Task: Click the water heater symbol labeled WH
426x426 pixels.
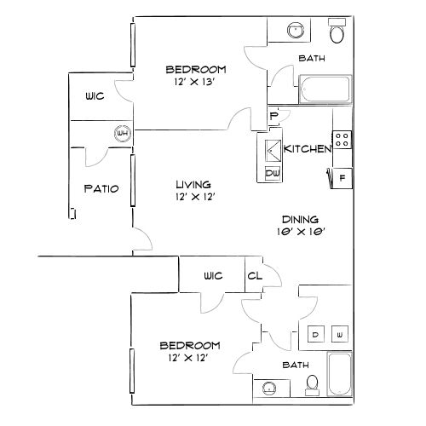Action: coord(123,133)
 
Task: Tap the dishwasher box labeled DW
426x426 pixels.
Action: coord(273,173)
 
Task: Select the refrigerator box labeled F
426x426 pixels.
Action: coord(342,178)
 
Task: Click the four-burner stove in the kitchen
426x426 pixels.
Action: coord(342,140)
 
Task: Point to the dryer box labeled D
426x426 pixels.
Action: coord(316,334)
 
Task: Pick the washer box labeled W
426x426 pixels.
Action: coord(340,334)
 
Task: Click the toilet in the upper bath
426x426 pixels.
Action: coord(337,31)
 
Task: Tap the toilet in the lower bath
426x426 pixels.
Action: coord(313,385)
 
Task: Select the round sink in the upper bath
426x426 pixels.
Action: coord(296,30)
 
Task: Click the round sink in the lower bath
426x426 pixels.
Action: coord(269,389)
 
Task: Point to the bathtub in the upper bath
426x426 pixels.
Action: coord(325,89)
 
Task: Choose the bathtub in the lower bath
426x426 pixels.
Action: coord(340,374)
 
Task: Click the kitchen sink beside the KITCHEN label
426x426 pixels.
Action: coord(273,151)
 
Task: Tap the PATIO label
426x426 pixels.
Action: coord(101,188)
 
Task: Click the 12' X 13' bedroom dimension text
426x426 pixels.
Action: coord(194,82)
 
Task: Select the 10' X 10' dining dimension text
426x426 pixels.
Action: coord(301,232)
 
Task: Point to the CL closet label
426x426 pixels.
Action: coord(255,276)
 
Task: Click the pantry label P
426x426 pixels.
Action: coord(273,116)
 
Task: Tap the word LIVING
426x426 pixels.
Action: coord(193,185)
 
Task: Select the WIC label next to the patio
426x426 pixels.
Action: coord(95,96)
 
